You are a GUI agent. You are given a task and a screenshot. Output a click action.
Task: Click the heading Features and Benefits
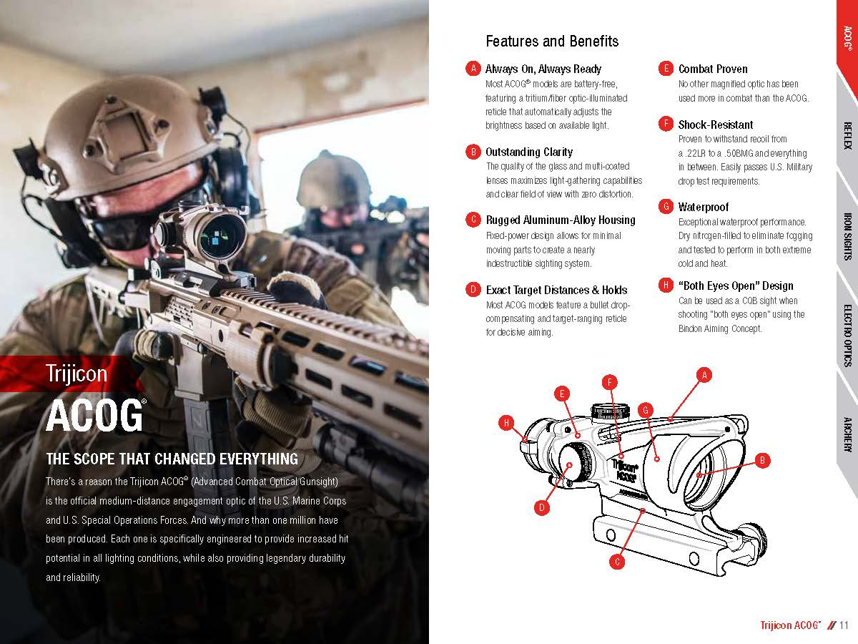pos(551,41)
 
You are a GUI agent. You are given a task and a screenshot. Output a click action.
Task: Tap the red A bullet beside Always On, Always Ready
pos(472,69)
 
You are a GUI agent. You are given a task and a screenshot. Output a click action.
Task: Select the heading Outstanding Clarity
pos(529,152)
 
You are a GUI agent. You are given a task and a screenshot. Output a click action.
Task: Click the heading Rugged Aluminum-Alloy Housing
pos(561,220)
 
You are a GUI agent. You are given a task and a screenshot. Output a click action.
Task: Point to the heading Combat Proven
pos(713,69)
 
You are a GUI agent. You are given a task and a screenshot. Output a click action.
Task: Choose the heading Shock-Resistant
pos(716,125)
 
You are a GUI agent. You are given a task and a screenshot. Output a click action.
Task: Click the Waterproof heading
pos(704,207)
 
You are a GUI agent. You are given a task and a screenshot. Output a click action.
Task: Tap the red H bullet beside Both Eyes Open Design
pos(666,286)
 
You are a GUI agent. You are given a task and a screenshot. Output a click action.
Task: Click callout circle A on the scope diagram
pos(704,374)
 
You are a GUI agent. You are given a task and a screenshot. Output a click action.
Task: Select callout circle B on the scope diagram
pos(762,460)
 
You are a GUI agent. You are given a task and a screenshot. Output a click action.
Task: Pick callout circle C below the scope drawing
pos(617,562)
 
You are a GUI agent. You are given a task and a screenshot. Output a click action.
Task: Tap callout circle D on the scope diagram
pos(541,508)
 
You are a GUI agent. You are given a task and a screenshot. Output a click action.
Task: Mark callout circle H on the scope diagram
pos(506,423)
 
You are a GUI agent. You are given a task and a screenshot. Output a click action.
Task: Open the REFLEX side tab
pos(847,135)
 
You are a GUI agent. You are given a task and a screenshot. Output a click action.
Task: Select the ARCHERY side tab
pos(847,434)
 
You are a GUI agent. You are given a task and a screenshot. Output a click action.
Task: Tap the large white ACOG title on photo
pos(94,416)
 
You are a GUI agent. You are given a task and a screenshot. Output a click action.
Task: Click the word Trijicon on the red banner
pos(76,374)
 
